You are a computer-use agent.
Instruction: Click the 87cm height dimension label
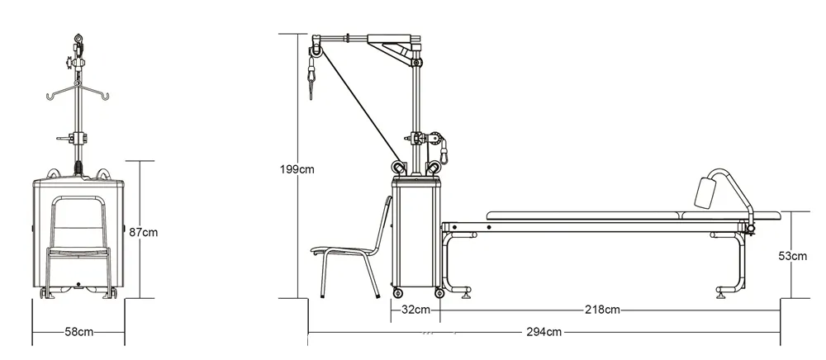[x=144, y=232]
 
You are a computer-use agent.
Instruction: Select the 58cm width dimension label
[x=78, y=331]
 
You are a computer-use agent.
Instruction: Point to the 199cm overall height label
[x=297, y=169]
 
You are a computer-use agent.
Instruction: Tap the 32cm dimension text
[x=415, y=310]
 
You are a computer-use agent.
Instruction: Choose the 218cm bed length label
[x=602, y=310]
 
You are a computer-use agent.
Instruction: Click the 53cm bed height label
[x=794, y=256]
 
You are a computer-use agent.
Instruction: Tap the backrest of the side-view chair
[x=384, y=223]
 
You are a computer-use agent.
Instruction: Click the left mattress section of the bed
[x=582, y=216]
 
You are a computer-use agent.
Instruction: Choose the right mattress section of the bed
[x=727, y=216]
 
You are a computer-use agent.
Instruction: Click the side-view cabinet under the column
[x=415, y=235]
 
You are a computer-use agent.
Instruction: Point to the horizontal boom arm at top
[x=363, y=37]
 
